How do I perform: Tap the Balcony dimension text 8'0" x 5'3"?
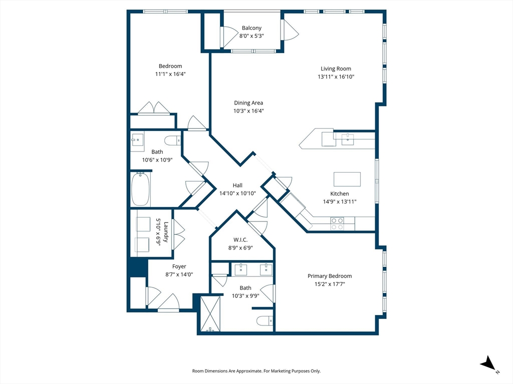pyautogui.click(x=251, y=36)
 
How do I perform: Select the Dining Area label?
pyautogui.click(x=248, y=103)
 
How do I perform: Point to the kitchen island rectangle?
pyautogui.click(x=347, y=179)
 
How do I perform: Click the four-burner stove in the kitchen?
pyautogui.click(x=337, y=223)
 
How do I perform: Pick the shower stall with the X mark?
pyautogui.click(x=211, y=313)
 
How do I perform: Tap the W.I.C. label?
pyautogui.click(x=240, y=240)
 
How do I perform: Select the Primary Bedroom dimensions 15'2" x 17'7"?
pyautogui.click(x=329, y=284)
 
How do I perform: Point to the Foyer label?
pyautogui.click(x=179, y=266)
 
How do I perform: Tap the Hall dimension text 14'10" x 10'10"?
pyautogui.click(x=237, y=193)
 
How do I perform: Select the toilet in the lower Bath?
pyautogui.click(x=264, y=320)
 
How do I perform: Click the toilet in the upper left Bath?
pyautogui.click(x=171, y=140)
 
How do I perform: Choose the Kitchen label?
pyautogui.click(x=339, y=193)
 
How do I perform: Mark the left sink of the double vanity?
pyautogui.click(x=241, y=270)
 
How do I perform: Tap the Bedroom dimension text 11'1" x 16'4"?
pyautogui.click(x=170, y=74)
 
